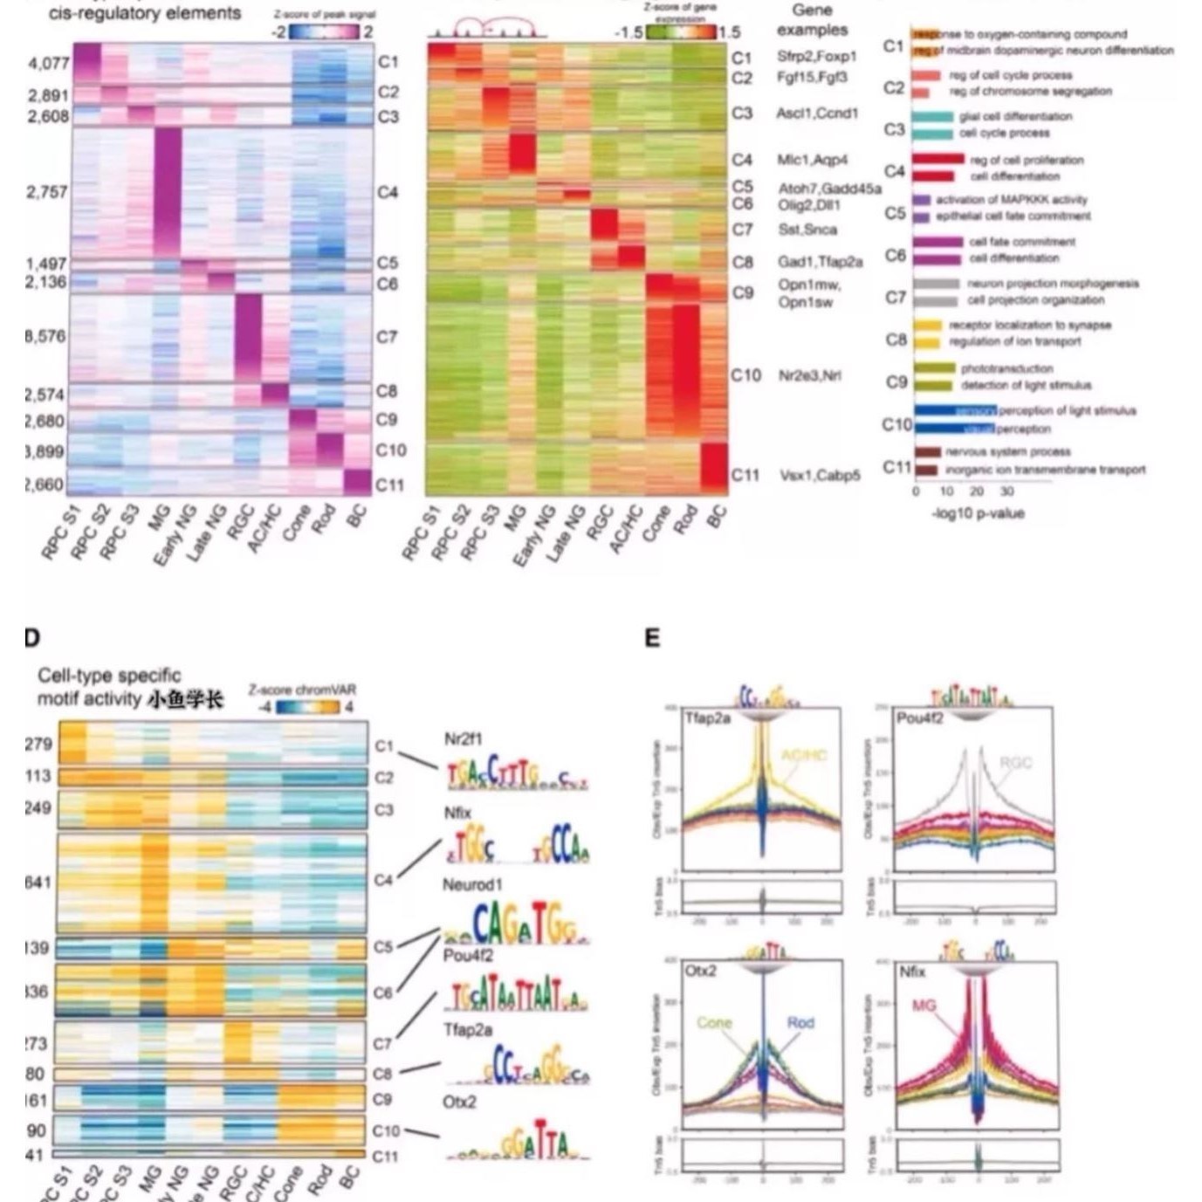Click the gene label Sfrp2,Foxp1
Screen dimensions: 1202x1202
point(817,57)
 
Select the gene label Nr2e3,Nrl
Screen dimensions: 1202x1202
point(810,375)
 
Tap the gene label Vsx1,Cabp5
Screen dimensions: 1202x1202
point(820,475)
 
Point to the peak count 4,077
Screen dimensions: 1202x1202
point(48,64)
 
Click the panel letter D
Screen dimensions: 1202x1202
point(32,638)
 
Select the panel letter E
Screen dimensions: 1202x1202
point(652,638)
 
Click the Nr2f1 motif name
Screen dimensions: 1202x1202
point(463,739)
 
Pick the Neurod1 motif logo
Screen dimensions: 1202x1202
point(515,924)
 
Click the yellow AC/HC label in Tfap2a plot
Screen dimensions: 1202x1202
point(804,755)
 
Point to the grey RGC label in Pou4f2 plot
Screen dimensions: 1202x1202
point(1015,763)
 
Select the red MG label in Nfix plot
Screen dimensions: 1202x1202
point(924,1006)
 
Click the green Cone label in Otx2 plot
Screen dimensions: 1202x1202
point(714,1022)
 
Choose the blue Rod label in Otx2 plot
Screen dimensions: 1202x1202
point(800,1022)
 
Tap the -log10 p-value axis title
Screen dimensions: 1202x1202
point(978,513)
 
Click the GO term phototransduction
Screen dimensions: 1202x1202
point(1006,368)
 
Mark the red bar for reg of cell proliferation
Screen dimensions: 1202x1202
point(938,159)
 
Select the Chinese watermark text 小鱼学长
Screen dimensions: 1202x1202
point(185,699)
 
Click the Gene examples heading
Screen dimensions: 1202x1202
point(812,20)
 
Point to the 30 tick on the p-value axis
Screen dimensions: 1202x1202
point(1006,491)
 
